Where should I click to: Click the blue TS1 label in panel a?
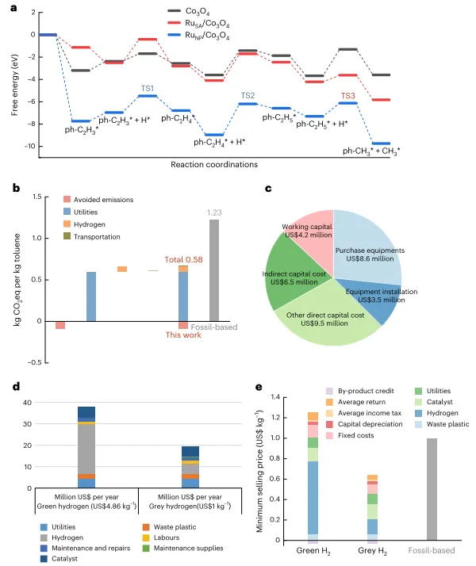click(148, 88)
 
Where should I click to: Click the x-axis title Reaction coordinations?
click(214, 165)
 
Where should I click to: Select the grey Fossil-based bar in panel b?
click(214, 270)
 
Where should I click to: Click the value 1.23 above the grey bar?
click(214, 212)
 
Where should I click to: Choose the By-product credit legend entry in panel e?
click(361, 391)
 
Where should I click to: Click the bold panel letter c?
click(268, 189)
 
